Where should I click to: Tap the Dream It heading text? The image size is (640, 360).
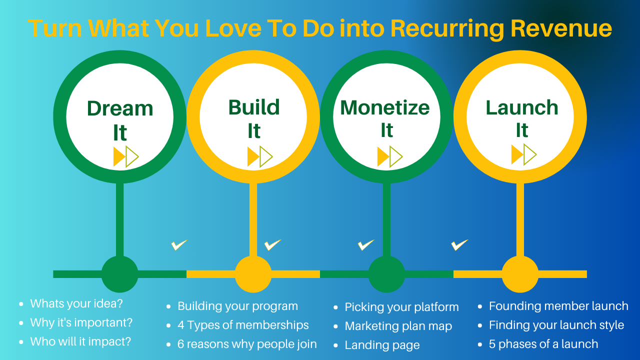click(x=120, y=120)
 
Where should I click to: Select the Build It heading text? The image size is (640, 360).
click(x=254, y=119)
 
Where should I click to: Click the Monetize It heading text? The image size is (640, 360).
click(x=385, y=118)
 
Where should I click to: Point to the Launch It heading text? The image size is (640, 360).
click(x=522, y=118)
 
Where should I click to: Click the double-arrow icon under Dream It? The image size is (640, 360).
click(x=126, y=156)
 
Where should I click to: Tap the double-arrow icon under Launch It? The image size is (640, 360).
click(x=523, y=154)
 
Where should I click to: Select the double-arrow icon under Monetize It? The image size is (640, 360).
click(x=389, y=156)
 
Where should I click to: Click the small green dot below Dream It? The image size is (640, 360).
click(x=120, y=274)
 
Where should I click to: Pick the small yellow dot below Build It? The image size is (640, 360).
click(x=253, y=274)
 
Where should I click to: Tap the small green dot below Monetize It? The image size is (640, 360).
click(x=386, y=274)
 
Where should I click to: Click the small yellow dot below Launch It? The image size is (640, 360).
click(x=520, y=274)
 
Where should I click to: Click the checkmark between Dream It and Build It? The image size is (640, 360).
click(x=179, y=245)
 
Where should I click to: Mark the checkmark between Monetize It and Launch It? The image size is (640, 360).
click(x=459, y=245)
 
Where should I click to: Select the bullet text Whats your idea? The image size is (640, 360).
click(x=76, y=303)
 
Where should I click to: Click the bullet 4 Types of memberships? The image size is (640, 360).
click(x=243, y=325)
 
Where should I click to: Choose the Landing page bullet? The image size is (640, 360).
click(x=382, y=345)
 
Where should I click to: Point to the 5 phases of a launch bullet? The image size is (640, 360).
click(x=543, y=344)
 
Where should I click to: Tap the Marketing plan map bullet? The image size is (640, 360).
click(x=398, y=326)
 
